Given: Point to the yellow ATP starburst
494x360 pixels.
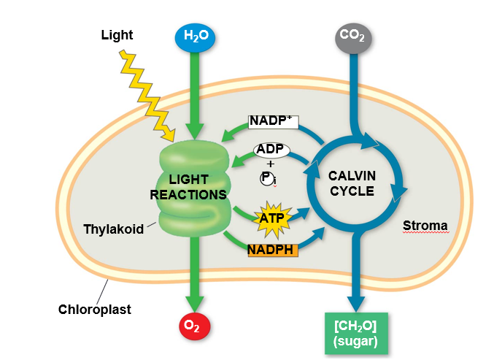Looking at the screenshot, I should [x=271, y=217].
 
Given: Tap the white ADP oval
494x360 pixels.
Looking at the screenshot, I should [x=272, y=150].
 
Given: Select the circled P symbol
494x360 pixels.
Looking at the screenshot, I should [x=266, y=178].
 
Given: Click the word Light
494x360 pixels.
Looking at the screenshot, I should [x=117, y=35].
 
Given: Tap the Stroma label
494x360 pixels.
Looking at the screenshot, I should [x=425, y=226].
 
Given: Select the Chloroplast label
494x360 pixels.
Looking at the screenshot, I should [x=95, y=309].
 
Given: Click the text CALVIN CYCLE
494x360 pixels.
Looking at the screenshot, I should [x=351, y=183].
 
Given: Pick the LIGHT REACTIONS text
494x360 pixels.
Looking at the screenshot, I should [x=188, y=187].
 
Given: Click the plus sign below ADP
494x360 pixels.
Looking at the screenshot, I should [x=271, y=164].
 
